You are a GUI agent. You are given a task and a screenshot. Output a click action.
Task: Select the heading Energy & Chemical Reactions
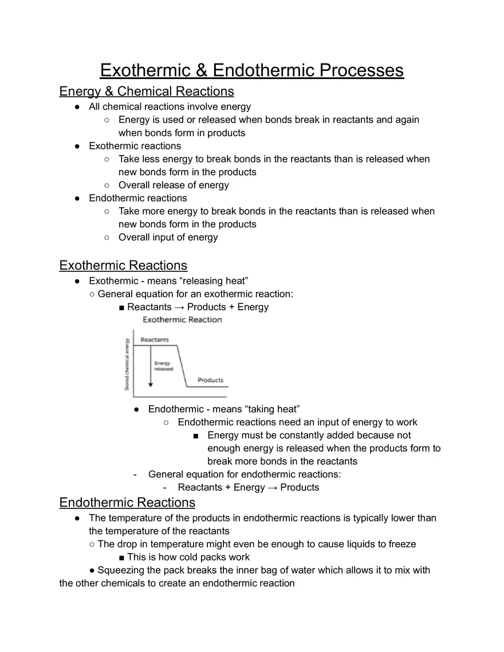147,92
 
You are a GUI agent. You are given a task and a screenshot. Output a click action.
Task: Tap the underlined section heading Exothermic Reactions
123,266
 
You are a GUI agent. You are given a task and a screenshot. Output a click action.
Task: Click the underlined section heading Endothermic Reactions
127,503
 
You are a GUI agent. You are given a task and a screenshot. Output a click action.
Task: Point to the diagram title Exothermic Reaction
182,319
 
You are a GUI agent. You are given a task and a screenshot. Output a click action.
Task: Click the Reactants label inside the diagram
155,339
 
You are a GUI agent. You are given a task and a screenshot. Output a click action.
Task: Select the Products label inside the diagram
210,380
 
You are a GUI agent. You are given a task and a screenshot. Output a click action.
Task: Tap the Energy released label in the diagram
163,366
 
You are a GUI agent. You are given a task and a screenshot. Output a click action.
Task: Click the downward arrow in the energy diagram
151,366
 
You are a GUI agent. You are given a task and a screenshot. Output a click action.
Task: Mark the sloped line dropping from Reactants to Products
182,366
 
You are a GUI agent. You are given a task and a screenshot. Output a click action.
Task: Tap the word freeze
401,544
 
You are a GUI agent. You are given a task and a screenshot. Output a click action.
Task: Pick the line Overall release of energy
174,185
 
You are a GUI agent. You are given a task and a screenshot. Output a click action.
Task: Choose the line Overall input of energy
168,237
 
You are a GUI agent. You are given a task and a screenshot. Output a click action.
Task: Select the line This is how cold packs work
188,557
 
